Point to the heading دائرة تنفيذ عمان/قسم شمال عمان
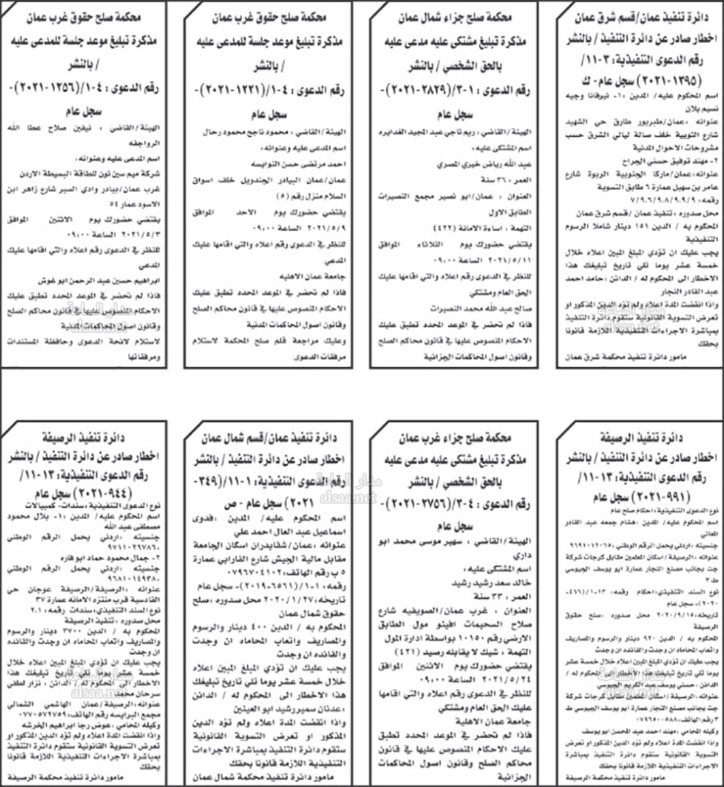pyautogui.click(x=271, y=439)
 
